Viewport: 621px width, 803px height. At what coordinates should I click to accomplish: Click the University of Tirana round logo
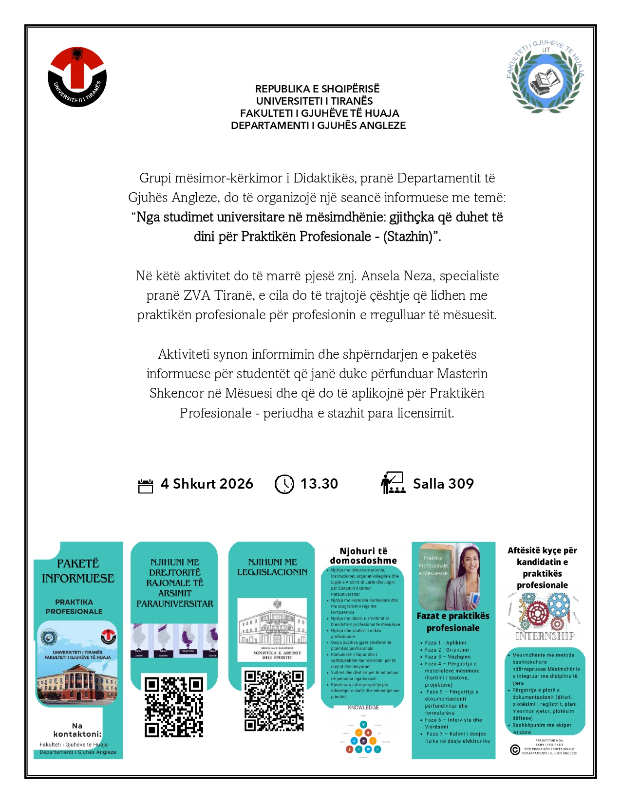[77, 76]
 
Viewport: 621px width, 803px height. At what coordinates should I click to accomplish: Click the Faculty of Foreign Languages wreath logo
[546, 77]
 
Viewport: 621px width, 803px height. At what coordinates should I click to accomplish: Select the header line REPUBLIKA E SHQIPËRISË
[317, 89]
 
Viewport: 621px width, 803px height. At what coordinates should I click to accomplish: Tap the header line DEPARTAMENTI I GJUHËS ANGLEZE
[318, 126]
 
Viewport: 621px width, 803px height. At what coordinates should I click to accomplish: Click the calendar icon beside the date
[146, 486]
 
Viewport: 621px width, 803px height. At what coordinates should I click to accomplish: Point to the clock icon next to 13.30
[284, 484]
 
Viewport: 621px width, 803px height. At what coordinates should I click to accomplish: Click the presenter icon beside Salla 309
[393, 483]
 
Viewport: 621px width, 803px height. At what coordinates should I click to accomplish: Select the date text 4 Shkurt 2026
[207, 484]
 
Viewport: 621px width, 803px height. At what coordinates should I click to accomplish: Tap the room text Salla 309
[443, 484]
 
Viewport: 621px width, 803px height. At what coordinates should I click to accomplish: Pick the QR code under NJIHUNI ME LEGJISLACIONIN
[274, 700]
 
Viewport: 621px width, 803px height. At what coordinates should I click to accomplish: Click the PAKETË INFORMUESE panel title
[78, 571]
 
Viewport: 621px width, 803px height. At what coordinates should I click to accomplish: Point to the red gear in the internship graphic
[538, 610]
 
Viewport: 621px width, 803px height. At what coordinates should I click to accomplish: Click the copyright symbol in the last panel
[515, 749]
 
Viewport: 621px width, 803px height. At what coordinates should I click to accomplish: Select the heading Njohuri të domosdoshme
[363, 556]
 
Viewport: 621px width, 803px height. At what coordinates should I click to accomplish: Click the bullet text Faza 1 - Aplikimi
[445, 643]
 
